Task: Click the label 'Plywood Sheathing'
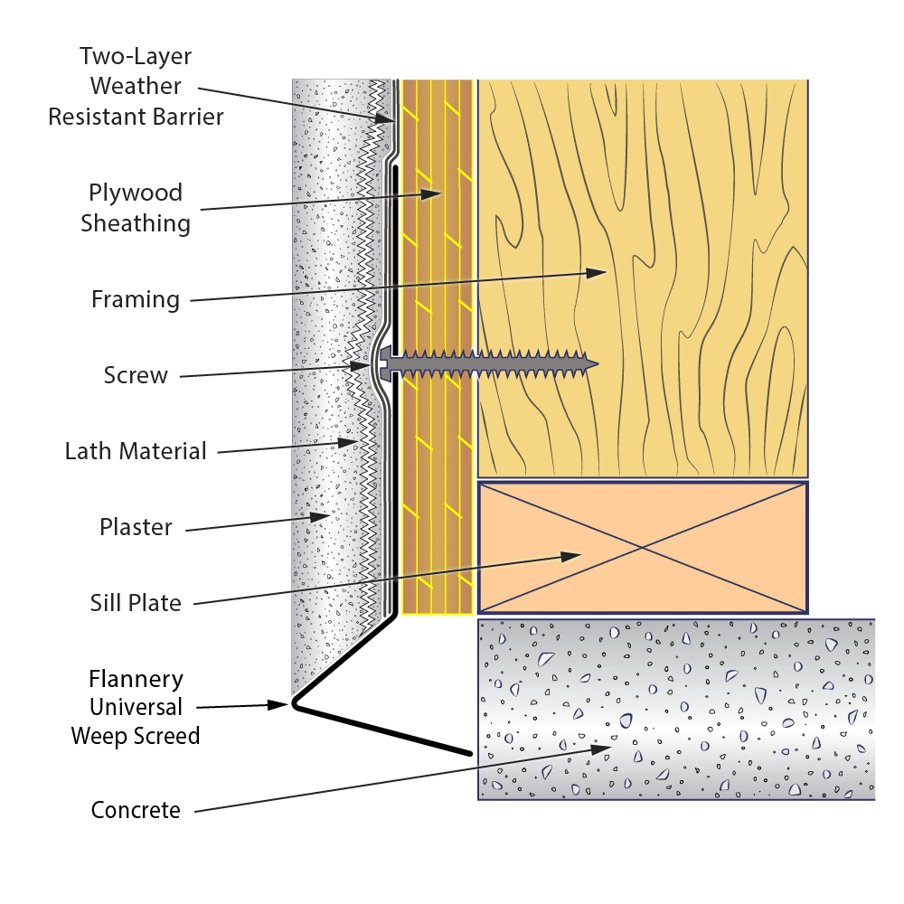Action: [x=136, y=208]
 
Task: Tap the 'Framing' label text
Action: [x=136, y=298]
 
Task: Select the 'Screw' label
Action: [x=136, y=375]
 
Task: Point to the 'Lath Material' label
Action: [x=136, y=450]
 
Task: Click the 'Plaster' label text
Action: [x=136, y=527]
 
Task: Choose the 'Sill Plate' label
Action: [x=136, y=603]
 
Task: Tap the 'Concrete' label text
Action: [x=136, y=810]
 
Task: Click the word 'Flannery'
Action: [x=136, y=679]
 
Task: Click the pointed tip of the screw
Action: [x=596, y=364]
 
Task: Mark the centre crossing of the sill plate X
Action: [x=642, y=548]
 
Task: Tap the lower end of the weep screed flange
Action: [x=469, y=752]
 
